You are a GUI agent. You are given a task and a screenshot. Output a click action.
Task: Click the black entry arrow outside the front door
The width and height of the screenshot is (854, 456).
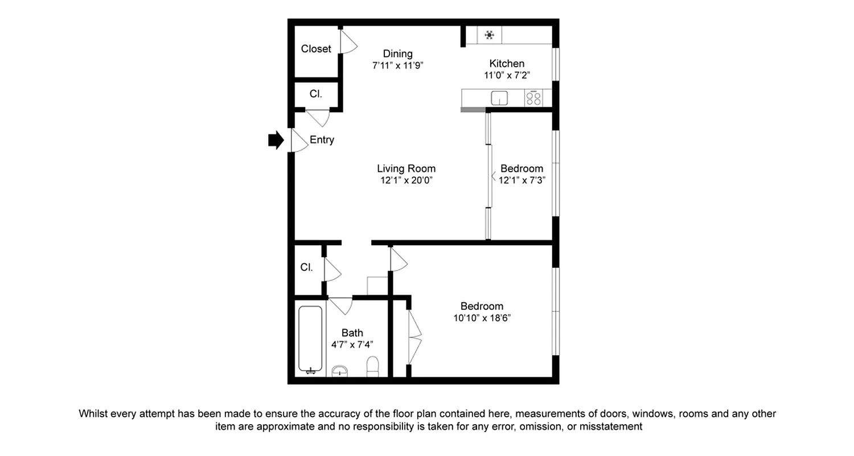[x=276, y=140]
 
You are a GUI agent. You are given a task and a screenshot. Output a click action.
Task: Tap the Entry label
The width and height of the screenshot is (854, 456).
[x=322, y=140]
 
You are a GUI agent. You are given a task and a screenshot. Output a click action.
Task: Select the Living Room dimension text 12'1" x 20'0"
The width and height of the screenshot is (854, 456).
[x=406, y=181]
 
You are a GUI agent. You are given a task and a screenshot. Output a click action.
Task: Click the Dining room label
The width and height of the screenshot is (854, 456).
[x=397, y=54]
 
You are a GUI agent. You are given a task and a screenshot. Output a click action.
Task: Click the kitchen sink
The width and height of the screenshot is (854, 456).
[x=499, y=98]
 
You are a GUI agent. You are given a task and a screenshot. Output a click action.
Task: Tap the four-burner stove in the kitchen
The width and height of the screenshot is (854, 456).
[x=533, y=98]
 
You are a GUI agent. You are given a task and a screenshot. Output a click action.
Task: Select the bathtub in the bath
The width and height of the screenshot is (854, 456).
[x=310, y=339]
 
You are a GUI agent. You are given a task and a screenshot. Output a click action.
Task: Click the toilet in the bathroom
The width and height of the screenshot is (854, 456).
[x=373, y=367]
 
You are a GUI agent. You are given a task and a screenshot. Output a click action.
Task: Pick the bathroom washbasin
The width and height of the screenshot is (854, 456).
[x=340, y=371]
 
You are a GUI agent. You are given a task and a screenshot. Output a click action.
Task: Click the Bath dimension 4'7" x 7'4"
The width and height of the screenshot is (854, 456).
[x=352, y=344]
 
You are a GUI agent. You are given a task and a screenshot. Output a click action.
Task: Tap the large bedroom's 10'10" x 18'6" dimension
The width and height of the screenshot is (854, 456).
[x=482, y=318]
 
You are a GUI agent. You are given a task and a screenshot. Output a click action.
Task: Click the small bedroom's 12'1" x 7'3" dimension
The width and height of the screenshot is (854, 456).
[x=522, y=181]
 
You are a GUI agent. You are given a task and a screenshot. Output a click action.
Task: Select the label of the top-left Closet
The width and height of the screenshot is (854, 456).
[x=316, y=49]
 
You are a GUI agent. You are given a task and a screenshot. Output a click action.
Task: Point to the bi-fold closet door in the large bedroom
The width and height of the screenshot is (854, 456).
[x=415, y=337]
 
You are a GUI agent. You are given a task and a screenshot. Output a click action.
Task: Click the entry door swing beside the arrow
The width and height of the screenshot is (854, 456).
[x=298, y=140]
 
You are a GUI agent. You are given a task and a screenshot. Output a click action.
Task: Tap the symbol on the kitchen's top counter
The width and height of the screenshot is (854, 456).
[x=489, y=35]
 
